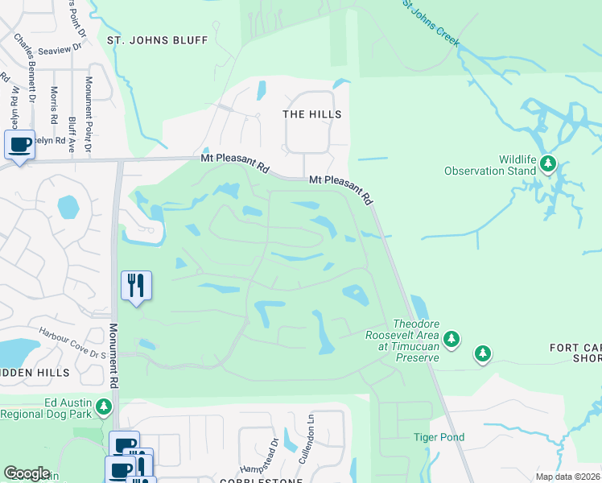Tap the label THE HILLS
point(312,114)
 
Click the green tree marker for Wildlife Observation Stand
point(548,164)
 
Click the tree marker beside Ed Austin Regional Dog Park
point(103,409)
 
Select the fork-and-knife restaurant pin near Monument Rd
point(135,285)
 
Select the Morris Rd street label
point(54,105)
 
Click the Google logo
point(27,473)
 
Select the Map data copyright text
point(567,477)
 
